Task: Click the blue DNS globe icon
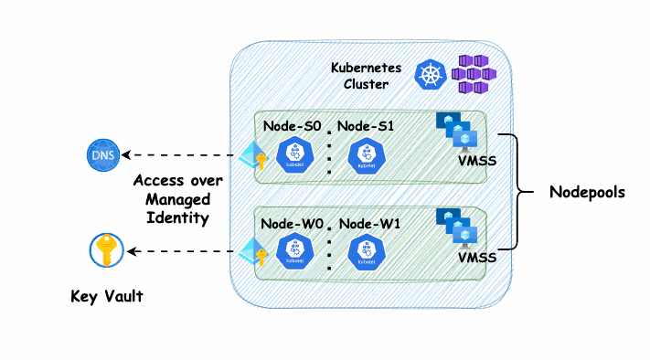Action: pyautogui.click(x=103, y=155)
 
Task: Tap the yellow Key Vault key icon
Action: pyautogui.click(x=107, y=250)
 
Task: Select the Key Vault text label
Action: pyautogui.click(x=107, y=296)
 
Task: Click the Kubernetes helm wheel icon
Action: pyautogui.click(x=431, y=75)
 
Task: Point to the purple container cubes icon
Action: pyautogui.click(x=474, y=75)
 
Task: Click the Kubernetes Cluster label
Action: pyautogui.click(x=366, y=76)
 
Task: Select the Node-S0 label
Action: pyautogui.click(x=293, y=126)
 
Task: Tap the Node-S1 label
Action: pyautogui.click(x=366, y=126)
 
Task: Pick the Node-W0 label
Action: pyautogui.click(x=292, y=224)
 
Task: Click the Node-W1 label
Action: pyautogui.click(x=369, y=224)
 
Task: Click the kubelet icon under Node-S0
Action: pyautogui.click(x=294, y=154)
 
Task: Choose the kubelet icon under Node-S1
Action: pyautogui.click(x=367, y=155)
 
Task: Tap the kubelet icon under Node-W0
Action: pyautogui.click(x=294, y=250)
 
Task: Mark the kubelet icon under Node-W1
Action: pyautogui.click(x=367, y=252)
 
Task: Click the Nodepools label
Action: pyautogui.click(x=587, y=192)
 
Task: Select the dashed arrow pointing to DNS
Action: pyautogui.click(x=178, y=155)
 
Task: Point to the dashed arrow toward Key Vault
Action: pyautogui.click(x=180, y=251)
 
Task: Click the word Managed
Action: pyautogui.click(x=178, y=199)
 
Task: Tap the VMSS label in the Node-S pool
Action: pyautogui.click(x=477, y=161)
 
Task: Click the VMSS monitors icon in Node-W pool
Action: pyautogui.click(x=457, y=227)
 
